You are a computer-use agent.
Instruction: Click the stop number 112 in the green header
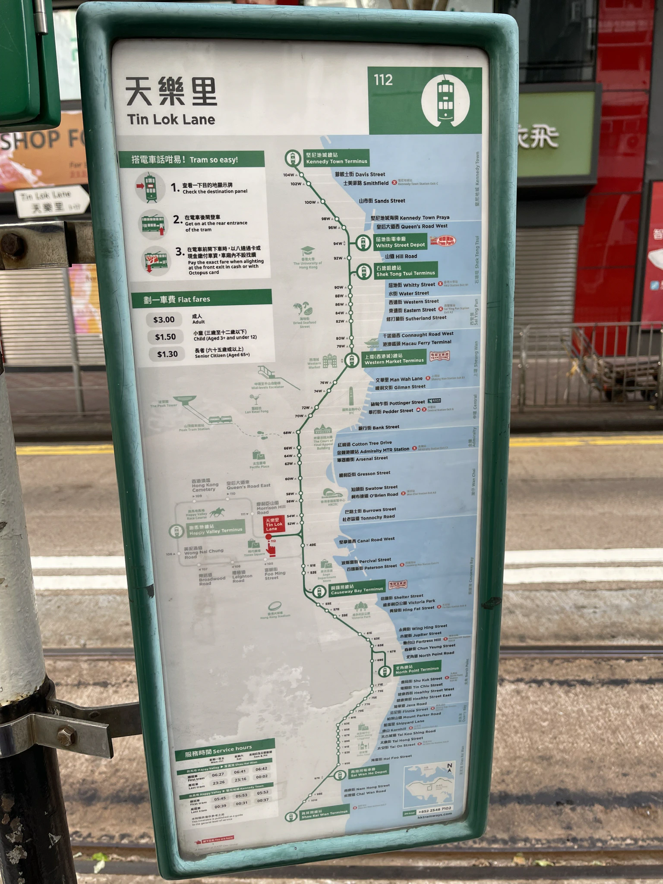coord(383,80)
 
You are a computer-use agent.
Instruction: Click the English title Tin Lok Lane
coord(171,120)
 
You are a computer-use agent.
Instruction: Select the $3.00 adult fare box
coord(164,319)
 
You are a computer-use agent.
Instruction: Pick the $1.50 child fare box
coord(165,337)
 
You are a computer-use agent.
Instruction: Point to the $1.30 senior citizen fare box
coord(167,354)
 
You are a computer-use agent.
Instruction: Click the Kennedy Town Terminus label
coord(336,158)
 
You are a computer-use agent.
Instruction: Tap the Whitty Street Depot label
coord(400,242)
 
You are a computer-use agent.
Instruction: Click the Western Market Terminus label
coord(393,359)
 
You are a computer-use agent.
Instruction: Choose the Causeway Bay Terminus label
coord(357,590)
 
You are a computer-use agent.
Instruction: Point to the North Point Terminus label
coord(417,669)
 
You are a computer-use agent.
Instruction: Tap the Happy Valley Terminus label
coord(216,530)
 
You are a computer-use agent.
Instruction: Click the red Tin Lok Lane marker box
coord(274,524)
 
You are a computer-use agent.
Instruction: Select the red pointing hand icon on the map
coord(271,549)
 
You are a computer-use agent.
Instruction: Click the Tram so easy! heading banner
coord(191,159)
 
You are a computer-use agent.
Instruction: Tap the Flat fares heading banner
coord(202,299)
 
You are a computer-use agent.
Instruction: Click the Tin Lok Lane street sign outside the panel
coord(51,201)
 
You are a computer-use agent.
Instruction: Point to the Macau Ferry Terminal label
coord(417,343)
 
